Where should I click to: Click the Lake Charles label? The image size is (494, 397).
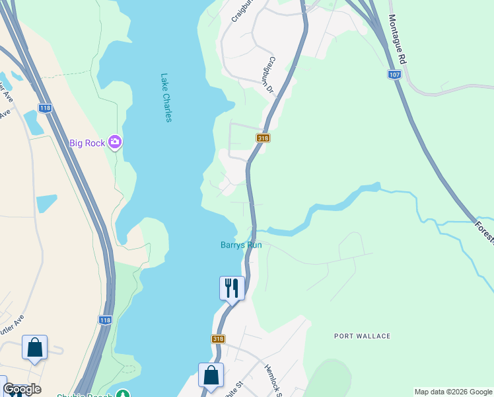pyautogui.click(x=166, y=97)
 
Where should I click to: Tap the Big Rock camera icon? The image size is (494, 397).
pyautogui.click(x=115, y=142)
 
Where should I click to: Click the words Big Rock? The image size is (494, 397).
pyautogui.click(x=87, y=143)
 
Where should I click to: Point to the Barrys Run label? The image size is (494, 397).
pyautogui.click(x=241, y=245)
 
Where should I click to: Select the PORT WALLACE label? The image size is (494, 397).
pyautogui.click(x=362, y=336)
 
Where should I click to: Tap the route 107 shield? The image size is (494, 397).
pyautogui.click(x=394, y=74)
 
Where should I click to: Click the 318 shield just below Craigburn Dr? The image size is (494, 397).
pyautogui.click(x=263, y=138)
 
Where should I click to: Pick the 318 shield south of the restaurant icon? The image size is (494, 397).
pyautogui.click(x=218, y=339)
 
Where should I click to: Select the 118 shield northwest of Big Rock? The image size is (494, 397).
pyautogui.click(x=45, y=108)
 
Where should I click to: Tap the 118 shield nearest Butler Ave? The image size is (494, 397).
pyautogui.click(x=105, y=320)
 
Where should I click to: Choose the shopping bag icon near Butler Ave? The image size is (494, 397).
pyautogui.click(x=34, y=347)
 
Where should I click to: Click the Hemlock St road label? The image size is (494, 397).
pyautogui.click(x=273, y=380)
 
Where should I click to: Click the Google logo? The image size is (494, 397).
pyautogui.click(x=22, y=390)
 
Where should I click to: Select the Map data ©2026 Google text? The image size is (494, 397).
pyautogui.click(x=453, y=392)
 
